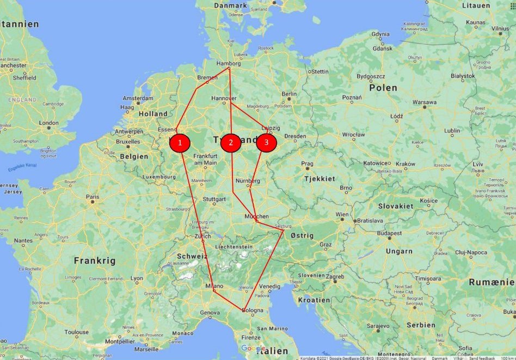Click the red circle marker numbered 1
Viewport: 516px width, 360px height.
point(180,143)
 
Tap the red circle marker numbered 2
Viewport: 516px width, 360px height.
point(231,143)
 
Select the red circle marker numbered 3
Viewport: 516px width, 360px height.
point(266,143)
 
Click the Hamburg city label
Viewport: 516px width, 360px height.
point(228,63)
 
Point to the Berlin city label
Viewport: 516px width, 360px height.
point(289,94)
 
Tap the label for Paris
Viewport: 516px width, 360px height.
point(92,197)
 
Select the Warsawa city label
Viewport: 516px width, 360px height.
point(424,102)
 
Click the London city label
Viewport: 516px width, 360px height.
point(48,123)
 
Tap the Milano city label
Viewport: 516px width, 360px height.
point(214,285)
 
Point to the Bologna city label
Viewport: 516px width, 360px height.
point(251,310)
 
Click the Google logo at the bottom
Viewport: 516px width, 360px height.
point(253,349)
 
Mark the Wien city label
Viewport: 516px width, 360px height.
point(342,215)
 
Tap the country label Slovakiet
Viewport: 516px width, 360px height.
point(396,206)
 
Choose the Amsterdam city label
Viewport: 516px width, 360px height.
point(138,99)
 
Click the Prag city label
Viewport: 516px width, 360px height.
point(308,163)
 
